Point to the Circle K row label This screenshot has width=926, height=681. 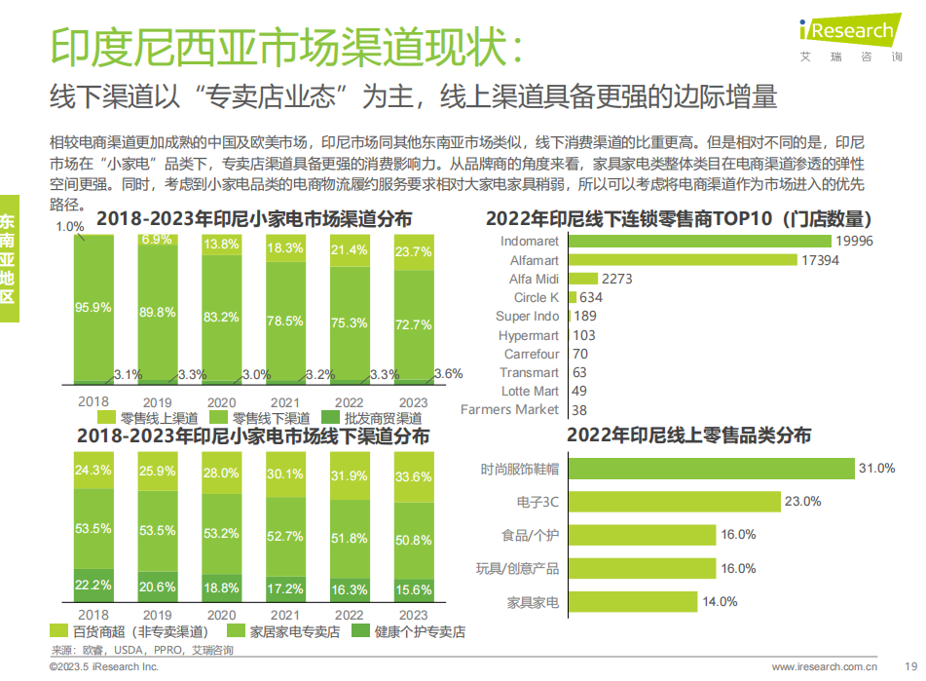coord(537,298)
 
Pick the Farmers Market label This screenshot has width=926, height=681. coord(509,410)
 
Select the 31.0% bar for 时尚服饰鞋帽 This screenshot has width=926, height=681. coord(710,469)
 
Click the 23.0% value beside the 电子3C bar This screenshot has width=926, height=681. coord(803,502)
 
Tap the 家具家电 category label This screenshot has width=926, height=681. coord(533,602)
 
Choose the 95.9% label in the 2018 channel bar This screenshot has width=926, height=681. coord(93,307)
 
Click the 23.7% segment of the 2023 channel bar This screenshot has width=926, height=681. coord(414,252)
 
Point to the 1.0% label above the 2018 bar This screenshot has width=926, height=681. coord(69,227)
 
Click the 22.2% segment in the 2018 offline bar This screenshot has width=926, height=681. coord(93,585)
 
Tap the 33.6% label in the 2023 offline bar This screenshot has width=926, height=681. coord(414,477)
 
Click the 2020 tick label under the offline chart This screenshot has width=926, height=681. coord(221,615)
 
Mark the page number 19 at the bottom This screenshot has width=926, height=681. coord(911,667)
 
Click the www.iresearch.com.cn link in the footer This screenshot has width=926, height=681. coord(825,667)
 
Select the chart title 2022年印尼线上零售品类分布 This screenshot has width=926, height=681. coord(688,435)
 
